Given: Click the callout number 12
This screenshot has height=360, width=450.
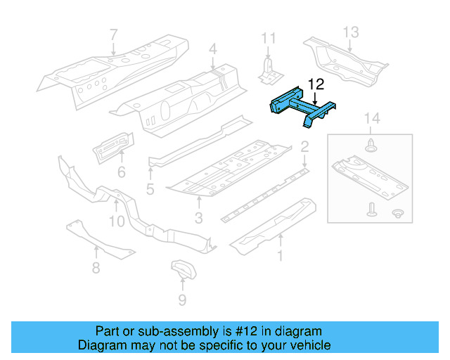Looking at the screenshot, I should click(316, 85).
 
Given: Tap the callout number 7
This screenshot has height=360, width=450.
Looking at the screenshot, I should click(114, 34).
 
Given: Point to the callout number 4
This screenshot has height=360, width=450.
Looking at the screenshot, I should click(213, 49).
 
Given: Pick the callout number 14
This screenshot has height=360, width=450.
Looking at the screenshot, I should click(372, 120).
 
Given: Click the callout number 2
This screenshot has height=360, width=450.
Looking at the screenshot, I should click(304, 147).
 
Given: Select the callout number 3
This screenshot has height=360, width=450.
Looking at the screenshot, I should click(199, 219).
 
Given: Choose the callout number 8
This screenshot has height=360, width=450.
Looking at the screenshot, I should click(96, 267).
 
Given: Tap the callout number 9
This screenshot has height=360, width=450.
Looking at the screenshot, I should click(182, 300).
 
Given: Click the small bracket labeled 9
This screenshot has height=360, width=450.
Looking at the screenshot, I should click(182, 270).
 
